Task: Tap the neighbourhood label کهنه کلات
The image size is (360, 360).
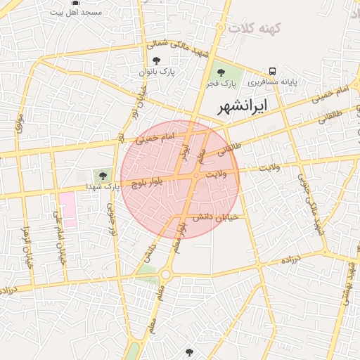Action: pos(259,28)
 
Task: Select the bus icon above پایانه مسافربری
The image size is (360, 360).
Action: pos(272,71)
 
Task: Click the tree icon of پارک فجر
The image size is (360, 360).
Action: pos(221,72)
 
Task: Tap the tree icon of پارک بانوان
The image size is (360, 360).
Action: pos(155,60)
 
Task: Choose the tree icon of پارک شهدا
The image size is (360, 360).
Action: pos(104,174)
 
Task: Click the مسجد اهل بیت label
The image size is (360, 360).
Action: pos(77,13)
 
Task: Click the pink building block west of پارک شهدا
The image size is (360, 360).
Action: pos(67,209)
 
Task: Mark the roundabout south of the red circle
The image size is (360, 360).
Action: pos(166,274)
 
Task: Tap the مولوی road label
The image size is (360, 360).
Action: pos(20,123)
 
